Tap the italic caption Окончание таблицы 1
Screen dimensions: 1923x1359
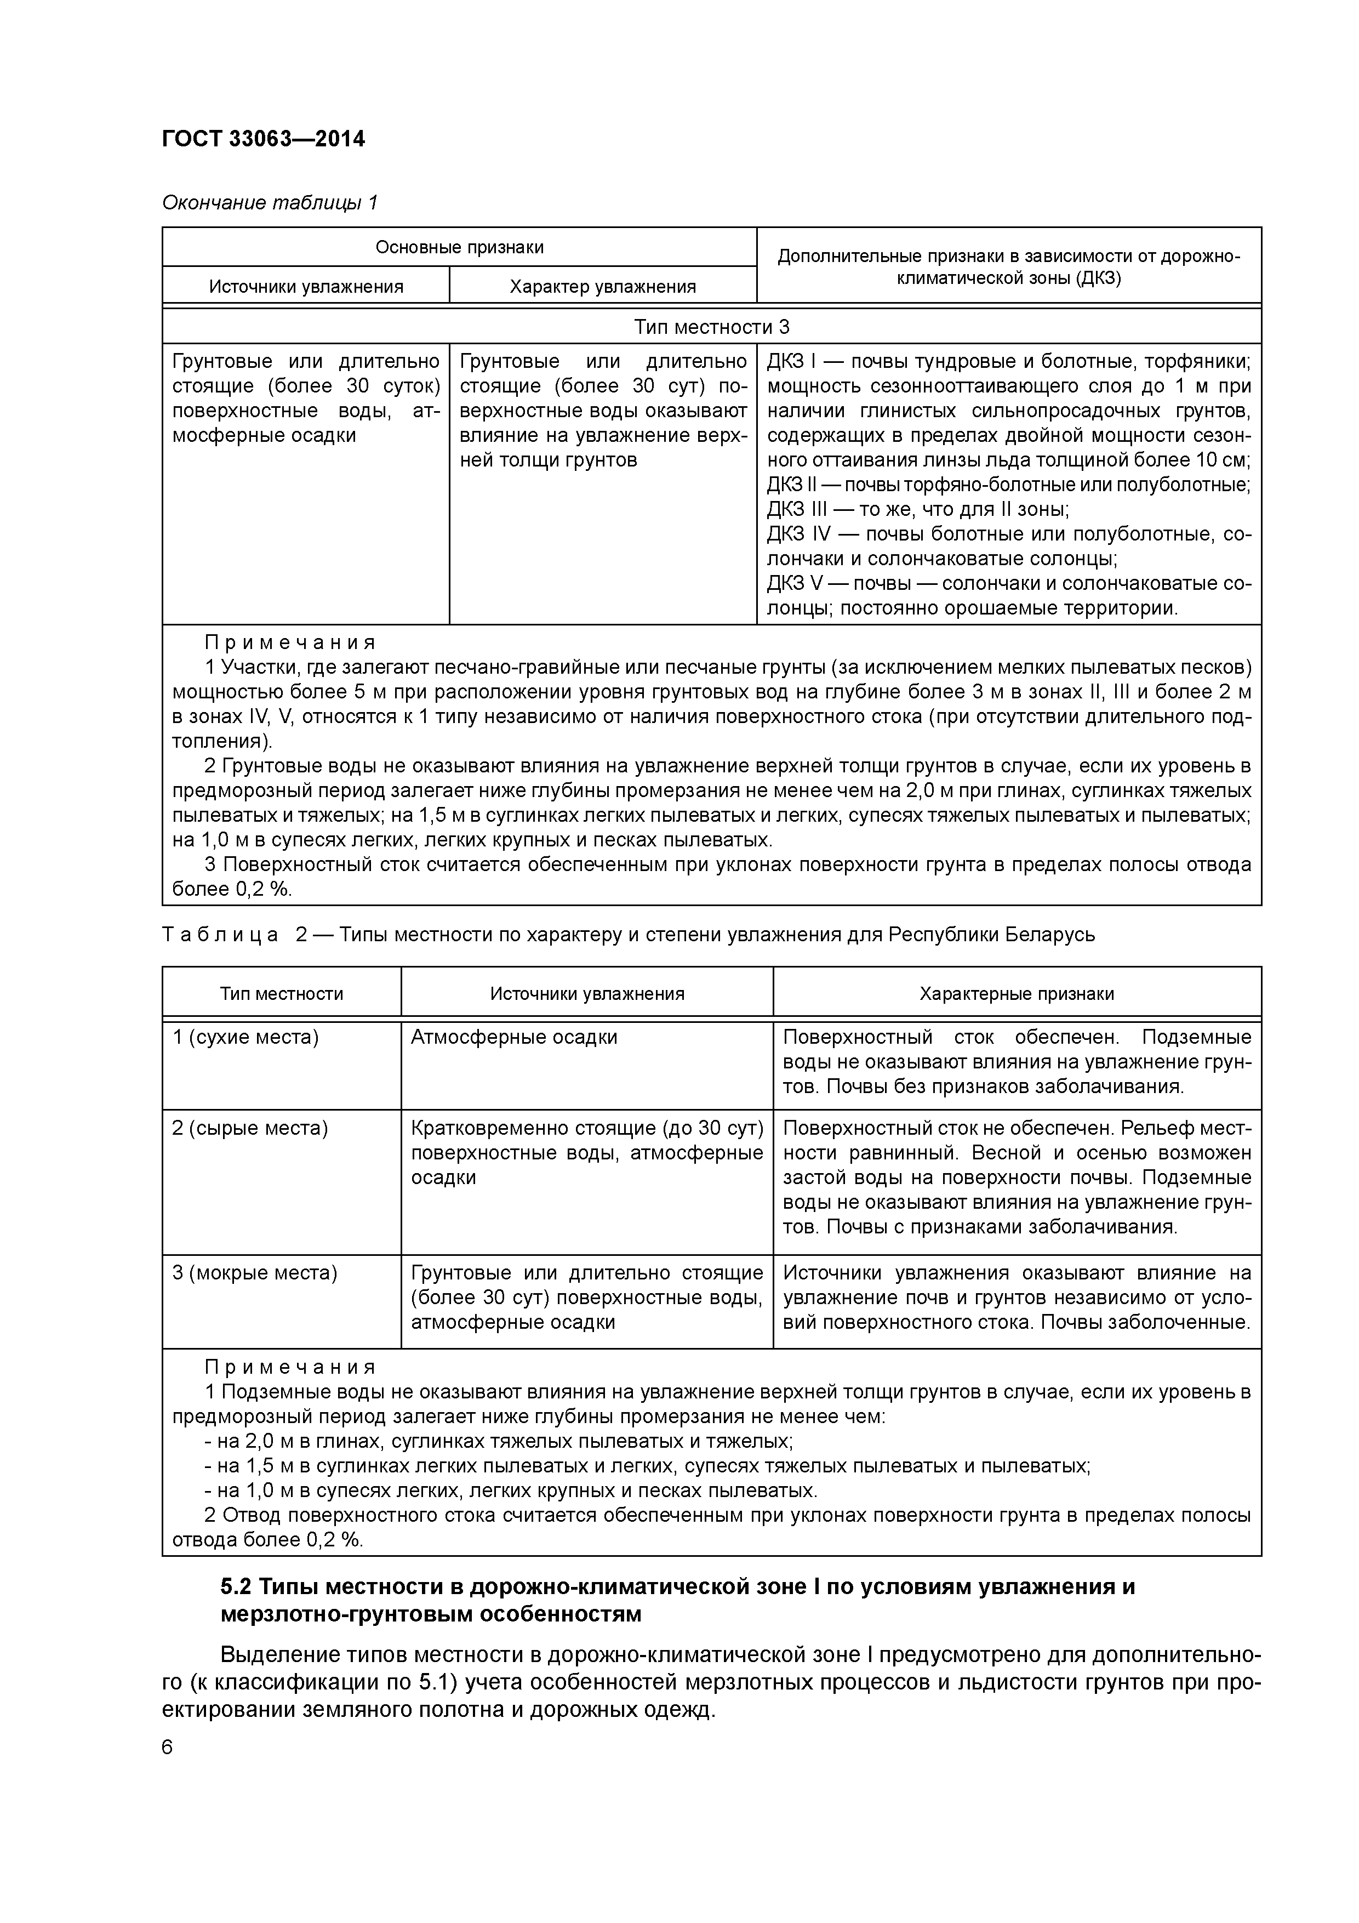point(270,203)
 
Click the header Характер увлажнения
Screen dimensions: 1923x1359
point(603,287)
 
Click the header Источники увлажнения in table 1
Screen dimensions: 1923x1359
point(306,287)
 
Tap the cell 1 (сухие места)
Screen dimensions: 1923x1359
point(245,1037)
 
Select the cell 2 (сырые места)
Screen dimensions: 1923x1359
point(249,1128)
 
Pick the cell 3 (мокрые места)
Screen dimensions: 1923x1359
point(255,1273)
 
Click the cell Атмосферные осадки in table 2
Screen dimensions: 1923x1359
point(514,1037)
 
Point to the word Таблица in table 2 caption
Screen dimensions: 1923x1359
point(219,935)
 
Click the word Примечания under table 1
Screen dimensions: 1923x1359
point(290,642)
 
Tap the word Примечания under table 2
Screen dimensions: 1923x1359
point(290,1367)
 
